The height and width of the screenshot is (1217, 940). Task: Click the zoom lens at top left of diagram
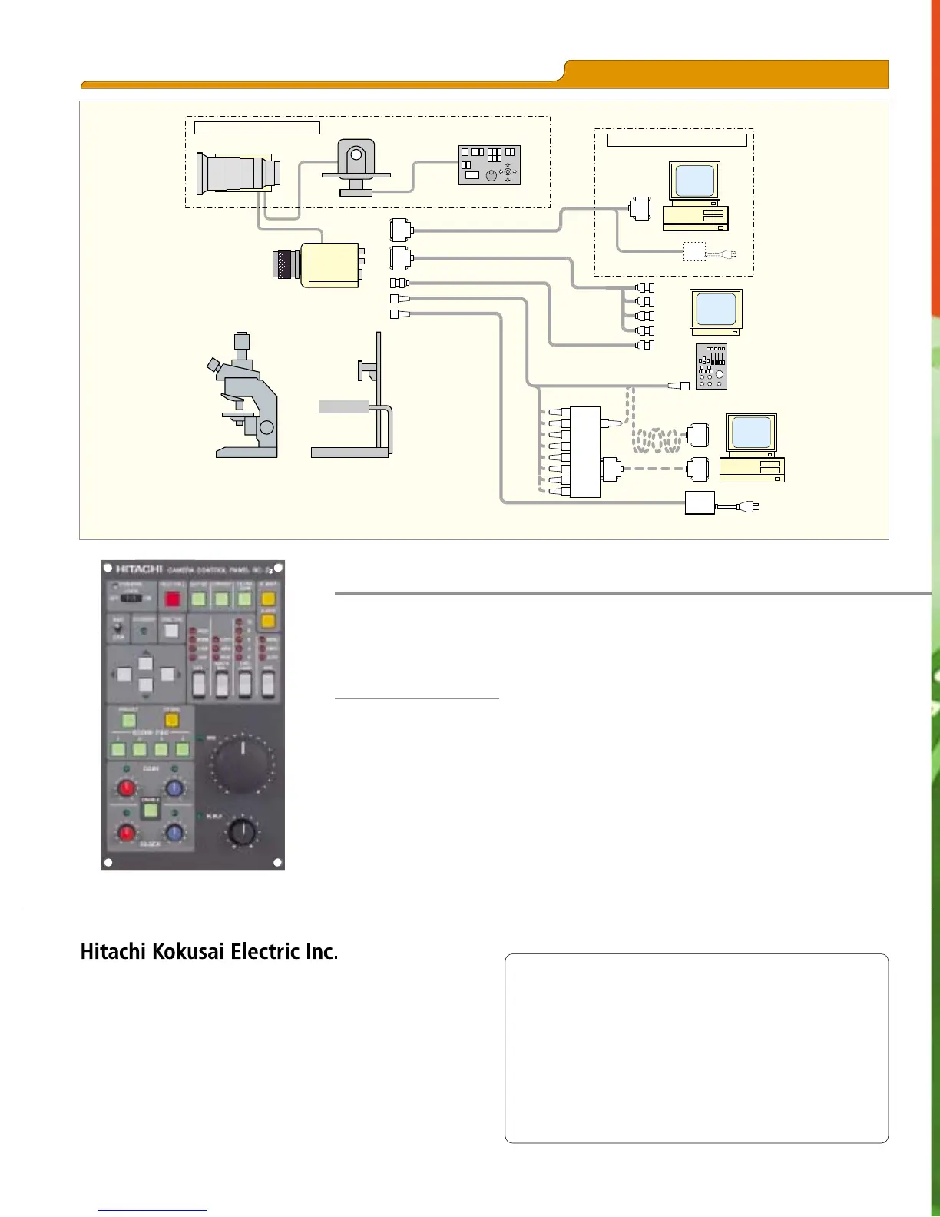[x=237, y=173]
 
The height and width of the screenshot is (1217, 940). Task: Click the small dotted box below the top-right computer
[x=694, y=251]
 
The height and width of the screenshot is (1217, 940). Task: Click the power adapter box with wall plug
[x=700, y=503]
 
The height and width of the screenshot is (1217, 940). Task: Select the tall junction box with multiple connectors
[x=584, y=452]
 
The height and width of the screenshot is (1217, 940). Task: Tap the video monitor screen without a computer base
[x=716, y=310]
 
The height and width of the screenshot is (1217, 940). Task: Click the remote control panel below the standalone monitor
[x=711, y=366]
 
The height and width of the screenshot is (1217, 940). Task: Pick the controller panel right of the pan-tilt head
[x=489, y=165]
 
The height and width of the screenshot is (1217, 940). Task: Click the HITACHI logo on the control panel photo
[x=139, y=569]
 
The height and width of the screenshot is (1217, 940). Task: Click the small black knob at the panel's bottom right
[x=243, y=832]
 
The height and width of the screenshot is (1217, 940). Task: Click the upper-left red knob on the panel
[x=126, y=788]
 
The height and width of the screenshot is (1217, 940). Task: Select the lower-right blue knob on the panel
[x=174, y=833]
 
